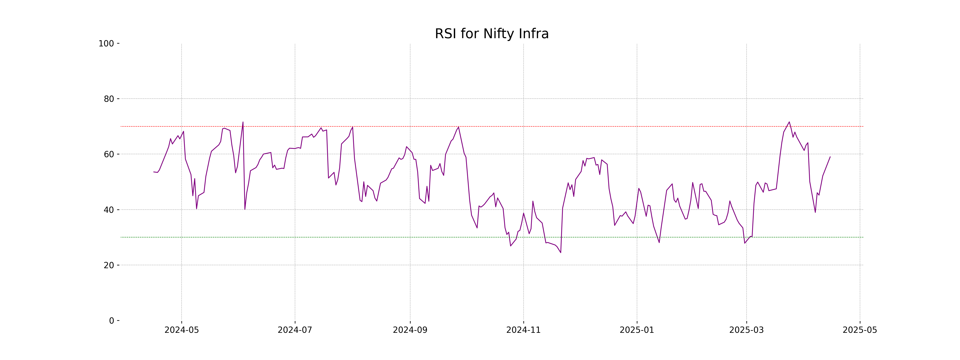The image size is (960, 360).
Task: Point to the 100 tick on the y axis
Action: (x=106, y=44)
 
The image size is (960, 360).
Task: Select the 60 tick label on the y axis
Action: (x=109, y=154)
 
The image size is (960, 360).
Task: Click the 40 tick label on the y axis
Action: (x=109, y=210)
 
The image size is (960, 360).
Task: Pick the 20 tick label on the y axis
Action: (x=109, y=265)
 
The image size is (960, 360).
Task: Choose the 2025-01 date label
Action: (x=637, y=330)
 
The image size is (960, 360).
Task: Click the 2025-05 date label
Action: (x=860, y=330)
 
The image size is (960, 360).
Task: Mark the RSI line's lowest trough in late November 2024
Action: (x=560, y=253)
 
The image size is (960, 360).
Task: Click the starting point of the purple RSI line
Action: (x=154, y=172)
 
